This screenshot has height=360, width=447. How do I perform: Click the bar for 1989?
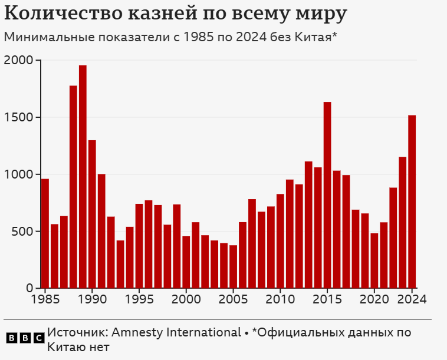click(x=83, y=177)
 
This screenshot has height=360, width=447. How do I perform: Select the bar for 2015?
click(x=327, y=195)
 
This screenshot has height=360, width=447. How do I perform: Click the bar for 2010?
click(x=280, y=241)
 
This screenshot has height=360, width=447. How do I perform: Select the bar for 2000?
click(x=186, y=262)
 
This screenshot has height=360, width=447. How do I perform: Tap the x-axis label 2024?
click(x=412, y=299)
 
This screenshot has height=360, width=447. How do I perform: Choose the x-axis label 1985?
click(x=45, y=299)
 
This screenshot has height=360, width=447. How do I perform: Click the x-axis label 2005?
click(x=233, y=299)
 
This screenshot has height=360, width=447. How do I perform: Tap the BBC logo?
click(x=25, y=338)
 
